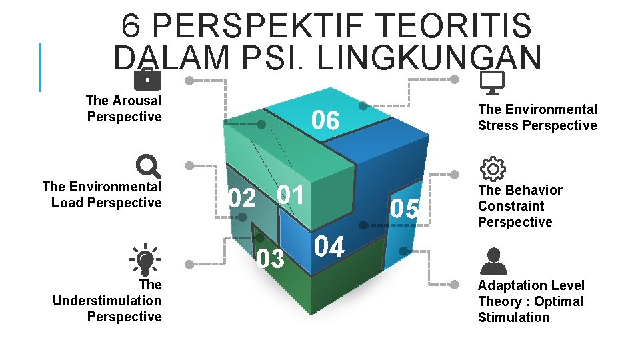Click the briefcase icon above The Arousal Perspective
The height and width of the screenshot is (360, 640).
[x=147, y=79]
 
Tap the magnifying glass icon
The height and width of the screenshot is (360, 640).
[x=147, y=167]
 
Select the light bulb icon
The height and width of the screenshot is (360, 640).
[x=146, y=259]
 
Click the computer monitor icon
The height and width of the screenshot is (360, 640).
[x=492, y=82]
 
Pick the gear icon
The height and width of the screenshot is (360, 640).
[x=493, y=169]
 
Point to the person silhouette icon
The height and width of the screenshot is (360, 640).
[x=493, y=261]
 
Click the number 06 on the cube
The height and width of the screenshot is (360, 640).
[x=325, y=121]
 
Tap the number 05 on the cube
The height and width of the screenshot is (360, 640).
[x=405, y=209]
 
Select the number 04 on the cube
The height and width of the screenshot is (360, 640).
[x=329, y=247]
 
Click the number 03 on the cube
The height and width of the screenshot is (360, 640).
[x=271, y=258]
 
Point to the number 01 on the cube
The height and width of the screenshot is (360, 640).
[x=290, y=195]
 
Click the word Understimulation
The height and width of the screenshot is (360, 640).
[x=107, y=301]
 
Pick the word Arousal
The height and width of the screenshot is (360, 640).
[x=137, y=101]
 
